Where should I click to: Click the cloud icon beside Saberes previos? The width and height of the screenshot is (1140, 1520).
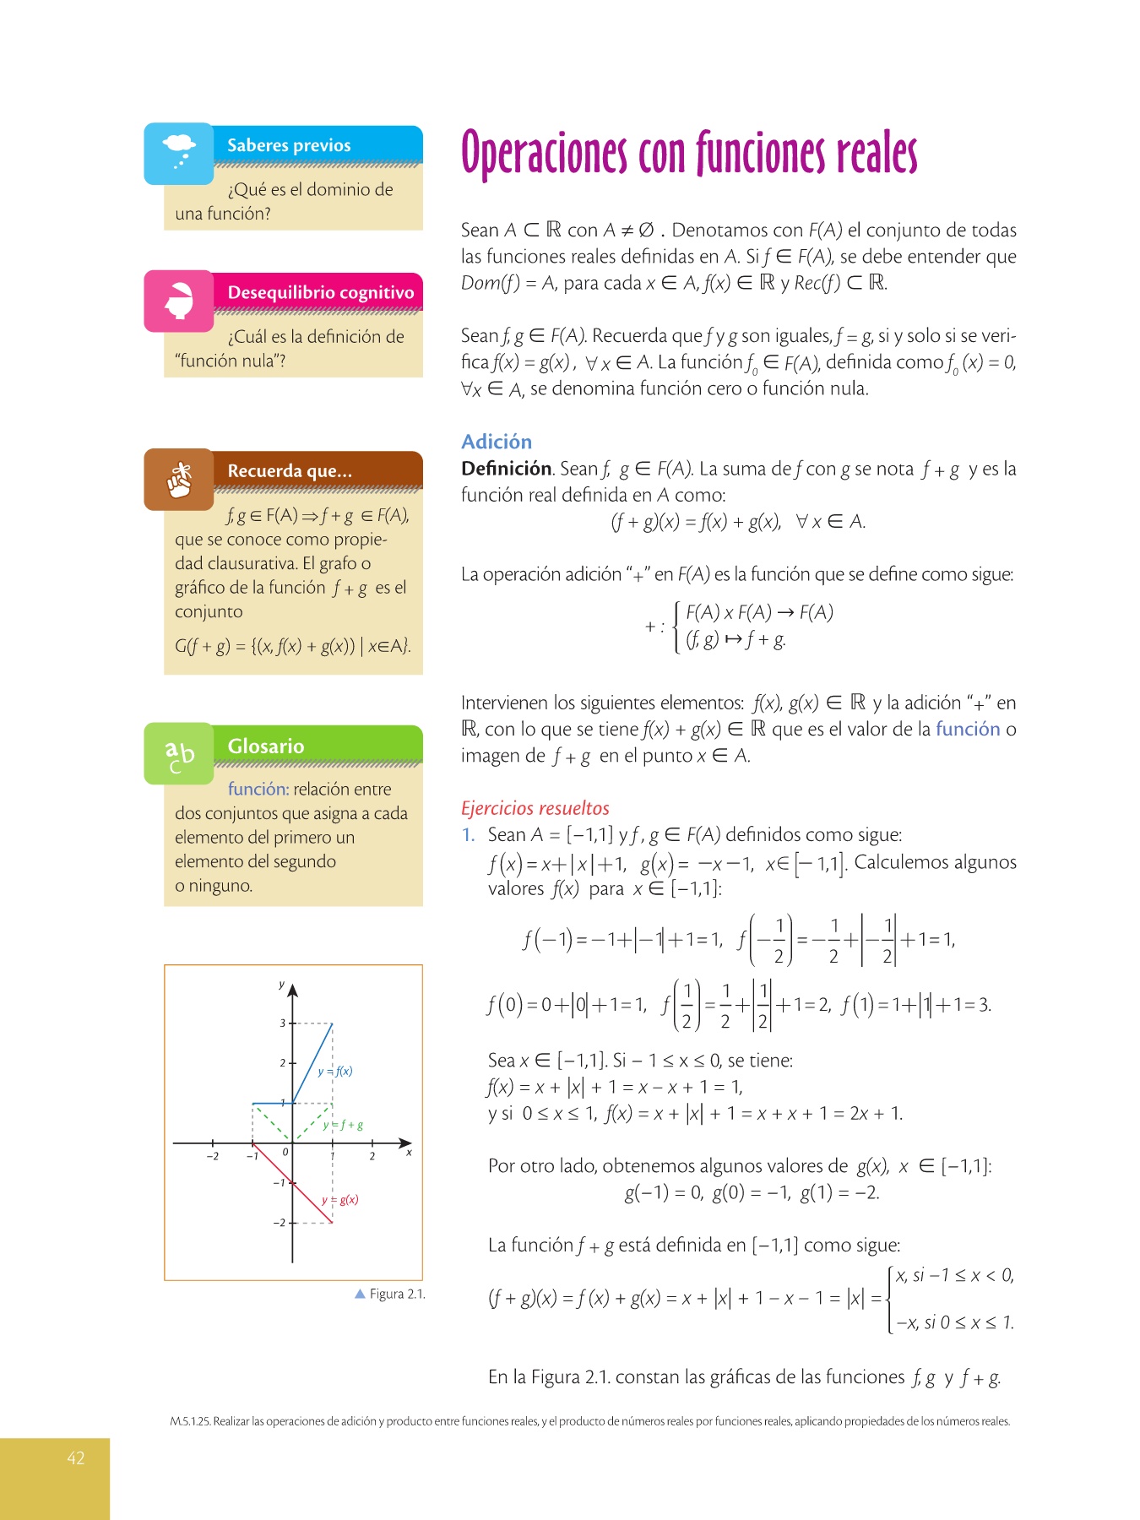click(179, 152)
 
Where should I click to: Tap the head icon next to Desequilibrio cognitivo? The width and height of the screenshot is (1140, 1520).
click(179, 301)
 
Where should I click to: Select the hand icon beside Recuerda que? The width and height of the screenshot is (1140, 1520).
click(179, 480)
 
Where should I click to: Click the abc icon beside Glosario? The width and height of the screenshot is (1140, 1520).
click(179, 753)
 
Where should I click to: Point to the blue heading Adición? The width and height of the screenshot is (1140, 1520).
click(497, 442)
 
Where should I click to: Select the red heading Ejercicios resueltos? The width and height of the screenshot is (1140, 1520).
click(535, 808)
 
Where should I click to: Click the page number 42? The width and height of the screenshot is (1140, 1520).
click(76, 1458)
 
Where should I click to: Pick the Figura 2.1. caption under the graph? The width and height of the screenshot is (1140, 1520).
click(396, 1294)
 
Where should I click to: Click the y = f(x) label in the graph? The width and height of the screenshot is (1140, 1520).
click(336, 1072)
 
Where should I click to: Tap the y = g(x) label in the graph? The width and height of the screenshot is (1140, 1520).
click(340, 1200)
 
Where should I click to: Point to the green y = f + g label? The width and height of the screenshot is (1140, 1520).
click(344, 1126)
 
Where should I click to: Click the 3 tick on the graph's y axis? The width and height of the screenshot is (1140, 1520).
click(283, 1023)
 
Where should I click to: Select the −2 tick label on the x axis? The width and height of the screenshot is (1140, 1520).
click(212, 1156)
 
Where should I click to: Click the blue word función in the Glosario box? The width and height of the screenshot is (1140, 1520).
click(258, 789)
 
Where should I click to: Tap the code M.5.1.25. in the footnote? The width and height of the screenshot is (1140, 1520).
click(190, 1421)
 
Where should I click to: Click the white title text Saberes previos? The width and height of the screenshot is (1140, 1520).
click(289, 145)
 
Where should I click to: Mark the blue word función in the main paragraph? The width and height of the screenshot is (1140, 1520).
click(968, 729)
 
